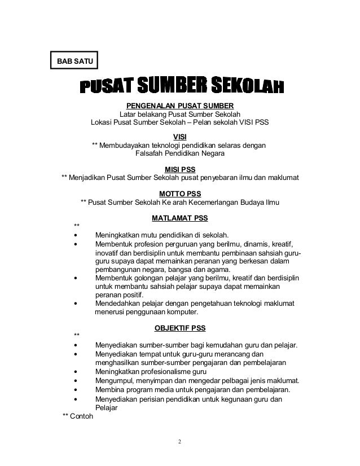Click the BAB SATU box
74,58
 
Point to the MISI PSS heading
179,169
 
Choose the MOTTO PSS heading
179,193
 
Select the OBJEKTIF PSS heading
179,327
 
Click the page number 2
180,441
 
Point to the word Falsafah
151,153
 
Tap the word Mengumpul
116,380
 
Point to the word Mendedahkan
118,303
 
